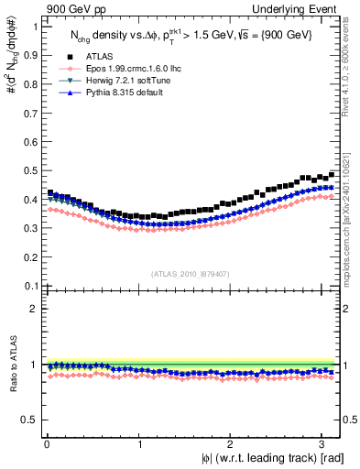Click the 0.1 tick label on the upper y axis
[31, 286]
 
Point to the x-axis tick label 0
[46, 444]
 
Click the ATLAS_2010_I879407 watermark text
[191, 272]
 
